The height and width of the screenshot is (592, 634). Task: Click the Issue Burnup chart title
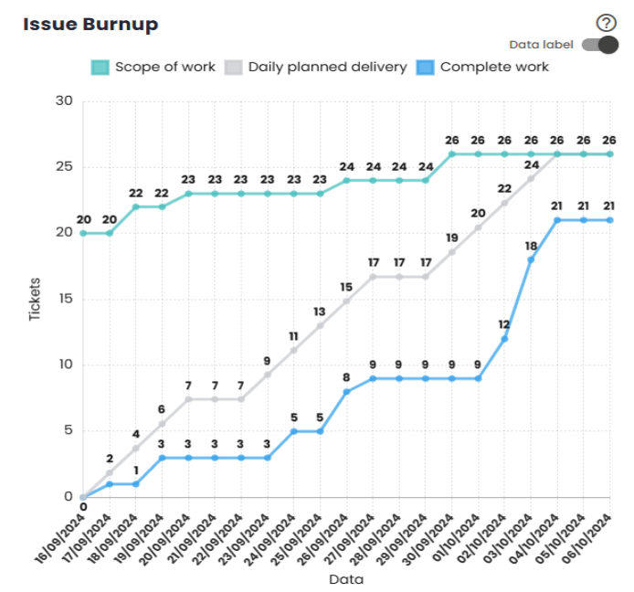click(90, 25)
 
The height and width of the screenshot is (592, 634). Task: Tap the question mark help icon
click(604, 24)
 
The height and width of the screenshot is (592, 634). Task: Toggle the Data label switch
click(600, 45)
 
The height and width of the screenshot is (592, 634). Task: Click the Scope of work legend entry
click(153, 67)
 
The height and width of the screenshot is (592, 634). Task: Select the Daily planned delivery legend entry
click(317, 67)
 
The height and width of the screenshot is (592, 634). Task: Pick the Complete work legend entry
click(483, 67)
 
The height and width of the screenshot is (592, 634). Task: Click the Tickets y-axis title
click(34, 299)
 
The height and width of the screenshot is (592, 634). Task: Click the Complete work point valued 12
click(504, 339)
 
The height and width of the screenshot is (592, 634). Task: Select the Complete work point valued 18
click(531, 259)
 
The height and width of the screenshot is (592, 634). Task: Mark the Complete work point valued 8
click(346, 392)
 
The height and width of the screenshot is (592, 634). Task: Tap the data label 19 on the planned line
click(452, 238)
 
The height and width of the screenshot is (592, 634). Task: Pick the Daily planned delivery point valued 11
click(293, 350)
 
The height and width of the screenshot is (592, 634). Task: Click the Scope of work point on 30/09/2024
click(452, 153)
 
